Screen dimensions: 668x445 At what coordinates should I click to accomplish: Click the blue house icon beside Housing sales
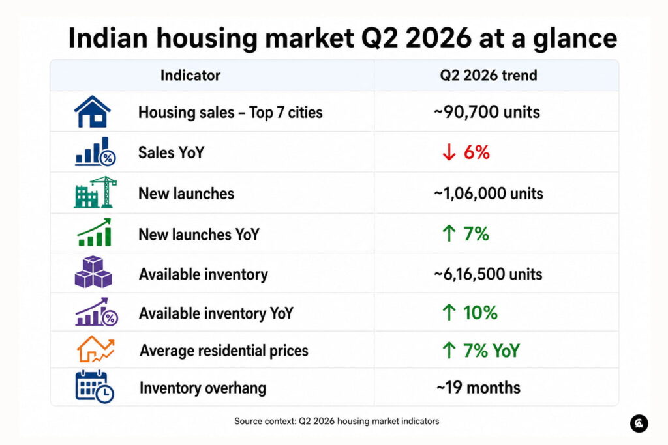(93, 111)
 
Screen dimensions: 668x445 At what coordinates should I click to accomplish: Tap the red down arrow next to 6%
(449, 152)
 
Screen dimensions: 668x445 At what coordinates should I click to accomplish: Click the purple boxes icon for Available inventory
(93, 272)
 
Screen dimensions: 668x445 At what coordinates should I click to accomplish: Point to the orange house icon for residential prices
(95, 349)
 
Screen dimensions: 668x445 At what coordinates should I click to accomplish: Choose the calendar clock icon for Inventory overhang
(95, 387)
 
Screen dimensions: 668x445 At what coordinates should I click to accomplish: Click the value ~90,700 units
(487, 112)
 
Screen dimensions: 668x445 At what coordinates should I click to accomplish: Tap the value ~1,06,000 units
(488, 194)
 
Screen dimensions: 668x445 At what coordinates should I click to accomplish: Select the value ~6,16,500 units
(488, 274)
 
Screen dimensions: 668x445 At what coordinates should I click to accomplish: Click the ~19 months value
(478, 388)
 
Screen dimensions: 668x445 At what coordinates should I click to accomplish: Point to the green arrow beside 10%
(449, 312)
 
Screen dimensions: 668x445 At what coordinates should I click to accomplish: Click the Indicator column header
(190, 76)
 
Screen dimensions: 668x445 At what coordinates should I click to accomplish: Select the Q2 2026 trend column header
(489, 76)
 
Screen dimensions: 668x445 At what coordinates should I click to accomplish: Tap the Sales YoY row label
(172, 152)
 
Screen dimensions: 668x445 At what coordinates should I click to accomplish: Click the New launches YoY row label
(199, 235)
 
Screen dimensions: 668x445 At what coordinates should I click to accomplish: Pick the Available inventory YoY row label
(217, 313)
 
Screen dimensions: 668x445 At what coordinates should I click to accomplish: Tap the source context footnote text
(337, 421)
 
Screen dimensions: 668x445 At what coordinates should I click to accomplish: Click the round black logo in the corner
(639, 423)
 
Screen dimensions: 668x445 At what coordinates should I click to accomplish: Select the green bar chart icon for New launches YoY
(95, 233)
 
